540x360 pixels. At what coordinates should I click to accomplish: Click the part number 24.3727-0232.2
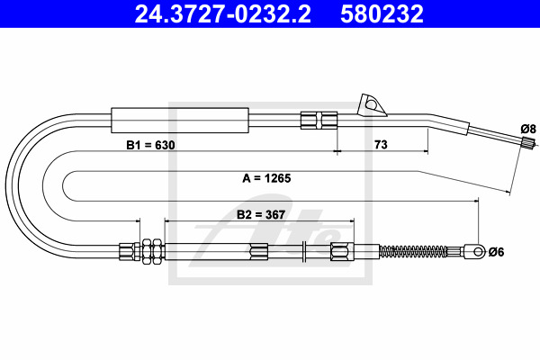(223, 14)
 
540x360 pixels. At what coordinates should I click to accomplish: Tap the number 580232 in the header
(382, 14)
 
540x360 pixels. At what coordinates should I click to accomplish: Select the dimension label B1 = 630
(150, 145)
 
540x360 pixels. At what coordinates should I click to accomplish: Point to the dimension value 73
(381, 144)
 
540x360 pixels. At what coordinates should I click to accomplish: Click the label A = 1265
(266, 178)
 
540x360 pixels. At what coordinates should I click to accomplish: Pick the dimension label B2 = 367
(261, 214)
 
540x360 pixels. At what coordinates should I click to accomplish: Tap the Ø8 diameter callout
(528, 130)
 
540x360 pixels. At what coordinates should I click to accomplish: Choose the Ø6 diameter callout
(496, 252)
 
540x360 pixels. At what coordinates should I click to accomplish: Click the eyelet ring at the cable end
(479, 251)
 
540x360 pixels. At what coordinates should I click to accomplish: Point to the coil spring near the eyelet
(413, 251)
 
